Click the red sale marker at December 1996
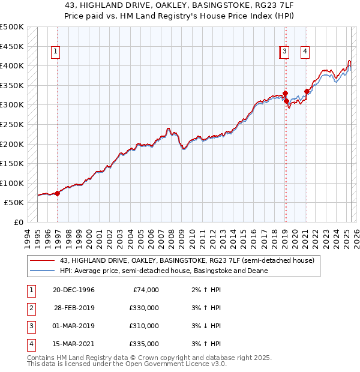(x=58, y=193)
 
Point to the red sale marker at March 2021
(x=307, y=92)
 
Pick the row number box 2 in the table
(x=29, y=308)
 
